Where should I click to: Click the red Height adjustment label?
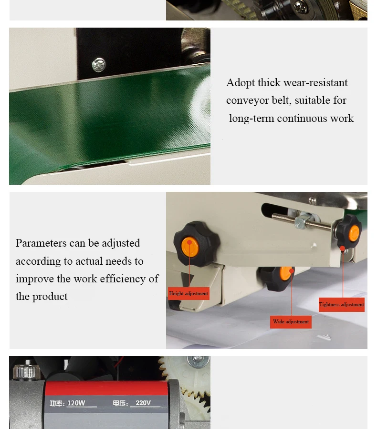(x=188, y=294)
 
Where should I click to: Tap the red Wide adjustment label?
(x=291, y=322)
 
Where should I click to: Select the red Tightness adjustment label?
(x=342, y=305)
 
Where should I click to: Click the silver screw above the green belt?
(x=99, y=65)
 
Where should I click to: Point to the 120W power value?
(x=76, y=403)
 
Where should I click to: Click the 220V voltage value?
(x=143, y=403)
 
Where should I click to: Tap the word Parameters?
(x=41, y=243)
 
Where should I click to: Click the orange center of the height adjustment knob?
(x=190, y=247)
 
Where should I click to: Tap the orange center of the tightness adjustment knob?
(x=354, y=233)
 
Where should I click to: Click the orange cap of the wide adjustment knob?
(x=286, y=274)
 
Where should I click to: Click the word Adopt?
(x=241, y=83)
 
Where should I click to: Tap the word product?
(x=50, y=297)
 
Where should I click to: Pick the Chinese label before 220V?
(x=120, y=403)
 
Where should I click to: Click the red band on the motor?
(x=106, y=388)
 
